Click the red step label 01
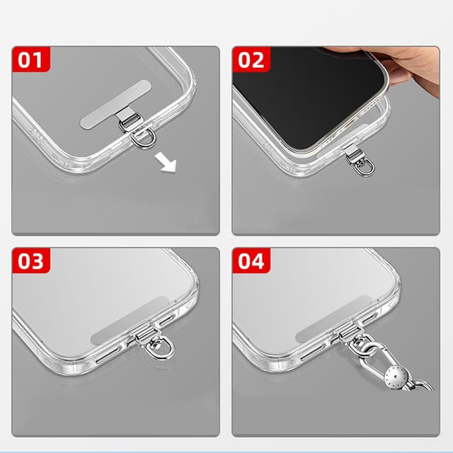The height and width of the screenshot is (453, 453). [30, 59]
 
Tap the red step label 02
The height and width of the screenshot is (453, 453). [251, 59]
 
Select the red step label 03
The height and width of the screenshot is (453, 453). [30, 261]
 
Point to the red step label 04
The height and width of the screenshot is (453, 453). [251, 261]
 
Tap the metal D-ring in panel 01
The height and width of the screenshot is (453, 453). [142, 137]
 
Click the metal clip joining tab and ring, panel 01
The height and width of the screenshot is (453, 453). [128, 125]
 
